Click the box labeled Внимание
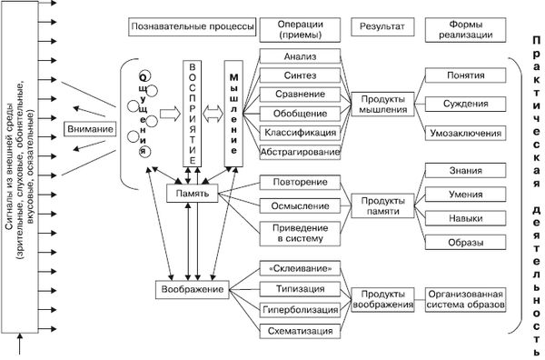[x=91, y=128]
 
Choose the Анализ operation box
[x=300, y=55]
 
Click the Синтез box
[x=300, y=75]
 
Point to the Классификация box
[x=300, y=133]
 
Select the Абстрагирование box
[x=300, y=152]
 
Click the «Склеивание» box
[x=300, y=270]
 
